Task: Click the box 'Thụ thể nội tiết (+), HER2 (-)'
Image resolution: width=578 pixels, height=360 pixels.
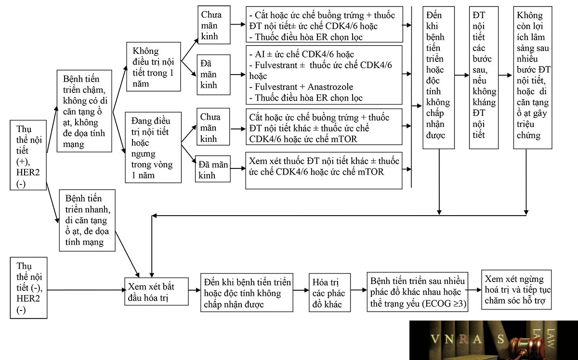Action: (x=28, y=155)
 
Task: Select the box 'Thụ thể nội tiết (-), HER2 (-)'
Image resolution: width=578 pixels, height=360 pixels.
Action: (x=28, y=288)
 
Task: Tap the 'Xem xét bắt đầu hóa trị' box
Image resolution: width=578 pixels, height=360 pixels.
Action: (x=157, y=291)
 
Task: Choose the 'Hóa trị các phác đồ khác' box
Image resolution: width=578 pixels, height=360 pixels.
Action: (x=329, y=293)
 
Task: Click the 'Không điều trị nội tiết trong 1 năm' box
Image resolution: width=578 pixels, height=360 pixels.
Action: (x=154, y=66)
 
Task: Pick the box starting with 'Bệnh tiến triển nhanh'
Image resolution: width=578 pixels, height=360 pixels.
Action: (x=87, y=220)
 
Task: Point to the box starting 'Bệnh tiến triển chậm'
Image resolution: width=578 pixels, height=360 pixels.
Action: (x=84, y=111)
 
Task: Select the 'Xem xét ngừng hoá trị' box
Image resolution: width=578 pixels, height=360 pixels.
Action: (x=516, y=290)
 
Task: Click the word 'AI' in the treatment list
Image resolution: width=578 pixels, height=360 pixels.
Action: (x=260, y=54)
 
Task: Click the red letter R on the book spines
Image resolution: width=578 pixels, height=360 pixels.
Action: (x=463, y=339)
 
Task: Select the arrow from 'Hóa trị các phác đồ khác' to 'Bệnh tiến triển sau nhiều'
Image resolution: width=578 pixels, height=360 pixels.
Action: (x=359, y=290)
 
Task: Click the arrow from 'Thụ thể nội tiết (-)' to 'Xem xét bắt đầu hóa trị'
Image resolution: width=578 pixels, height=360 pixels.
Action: (x=86, y=290)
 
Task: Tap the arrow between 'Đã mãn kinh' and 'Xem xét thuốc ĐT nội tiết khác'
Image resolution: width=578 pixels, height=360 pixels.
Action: (x=238, y=168)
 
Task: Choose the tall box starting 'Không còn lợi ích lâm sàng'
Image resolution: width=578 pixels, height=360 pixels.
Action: (x=533, y=77)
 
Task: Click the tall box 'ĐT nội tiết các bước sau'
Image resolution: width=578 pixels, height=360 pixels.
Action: (x=484, y=77)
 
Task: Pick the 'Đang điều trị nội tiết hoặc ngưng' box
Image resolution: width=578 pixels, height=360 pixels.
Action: (x=153, y=147)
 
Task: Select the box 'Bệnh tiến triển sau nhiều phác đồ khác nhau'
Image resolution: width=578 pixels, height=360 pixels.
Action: (x=418, y=292)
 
